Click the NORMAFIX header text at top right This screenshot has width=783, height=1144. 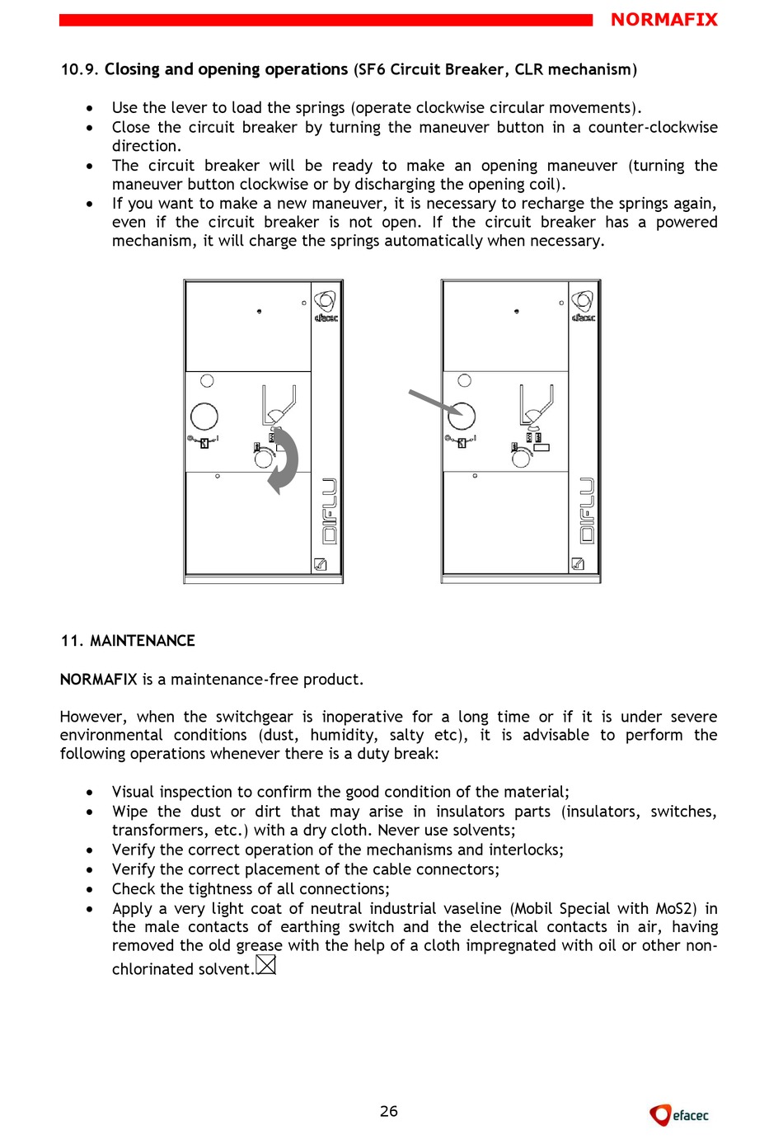click(x=663, y=20)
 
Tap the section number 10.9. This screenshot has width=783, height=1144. click(x=79, y=70)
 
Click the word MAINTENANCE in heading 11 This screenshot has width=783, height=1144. click(x=143, y=641)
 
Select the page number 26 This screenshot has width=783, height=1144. click(x=389, y=1111)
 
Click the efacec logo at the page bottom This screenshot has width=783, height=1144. click(x=679, y=1115)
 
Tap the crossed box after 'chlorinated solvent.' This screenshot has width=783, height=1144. click(x=266, y=964)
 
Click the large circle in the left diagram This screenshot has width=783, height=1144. click(x=204, y=417)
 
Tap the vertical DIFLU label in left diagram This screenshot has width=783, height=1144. click(x=329, y=511)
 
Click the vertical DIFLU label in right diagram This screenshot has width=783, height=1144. click(x=586, y=511)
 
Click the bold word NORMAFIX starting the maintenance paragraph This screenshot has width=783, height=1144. click(x=99, y=680)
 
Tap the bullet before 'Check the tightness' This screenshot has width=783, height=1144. click(x=90, y=889)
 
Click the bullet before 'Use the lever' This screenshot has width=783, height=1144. click(x=90, y=108)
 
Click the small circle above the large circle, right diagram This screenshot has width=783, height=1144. click(x=465, y=380)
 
